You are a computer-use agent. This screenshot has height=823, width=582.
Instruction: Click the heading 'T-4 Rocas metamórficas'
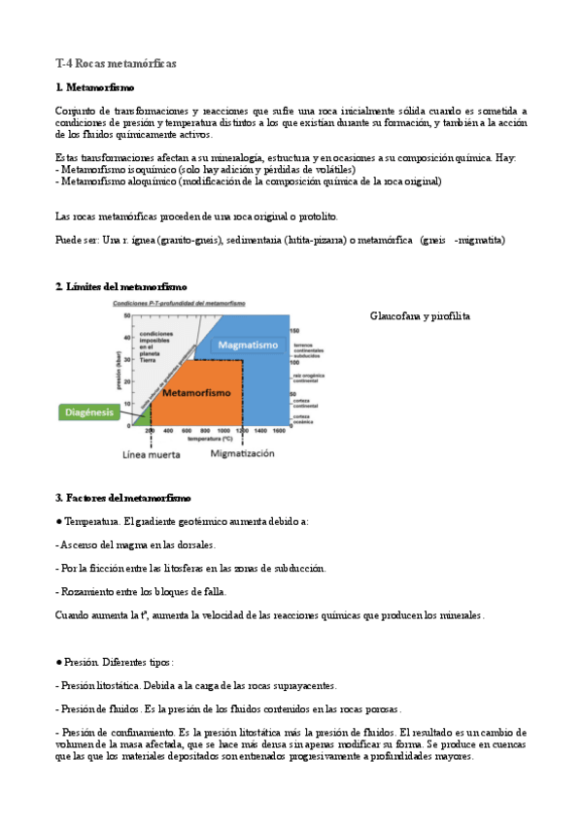coord(116,63)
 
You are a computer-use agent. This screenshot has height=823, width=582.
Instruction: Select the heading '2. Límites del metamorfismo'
coord(121,286)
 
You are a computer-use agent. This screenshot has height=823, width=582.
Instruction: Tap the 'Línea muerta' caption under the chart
coord(151,453)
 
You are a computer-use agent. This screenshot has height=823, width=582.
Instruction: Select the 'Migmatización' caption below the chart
coord(242,453)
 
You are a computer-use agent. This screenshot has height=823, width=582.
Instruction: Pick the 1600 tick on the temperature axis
coord(278,430)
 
